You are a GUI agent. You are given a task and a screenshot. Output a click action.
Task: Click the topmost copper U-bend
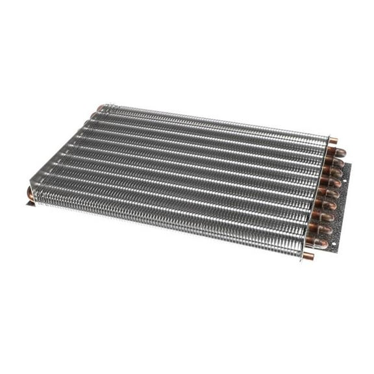pyautogui.click(x=339, y=153)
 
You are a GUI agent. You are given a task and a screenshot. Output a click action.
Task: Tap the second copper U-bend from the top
pyautogui.click(x=337, y=162)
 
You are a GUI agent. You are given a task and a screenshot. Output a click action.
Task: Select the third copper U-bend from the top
pyautogui.click(x=335, y=172)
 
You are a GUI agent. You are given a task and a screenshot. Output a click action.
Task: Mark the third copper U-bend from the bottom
pyautogui.click(x=326, y=217)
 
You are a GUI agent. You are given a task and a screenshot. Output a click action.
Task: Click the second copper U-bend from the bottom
pyautogui.click(x=324, y=229)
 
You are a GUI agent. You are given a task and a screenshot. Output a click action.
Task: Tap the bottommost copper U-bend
pyautogui.click(x=321, y=243)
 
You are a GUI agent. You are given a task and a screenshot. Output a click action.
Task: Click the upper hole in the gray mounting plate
pyautogui.click(x=345, y=181)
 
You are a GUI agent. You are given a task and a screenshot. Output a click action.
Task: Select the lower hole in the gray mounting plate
pyautogui.click(x=334, y=243)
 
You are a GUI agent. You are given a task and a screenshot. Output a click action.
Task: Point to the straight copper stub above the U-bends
pyautogui.click(x=333, y=140)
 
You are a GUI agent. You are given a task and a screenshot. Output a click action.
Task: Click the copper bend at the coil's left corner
pyautogui.click(x=30, y=193)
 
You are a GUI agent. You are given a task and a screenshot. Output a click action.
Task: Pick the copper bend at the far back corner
pyautogui.click(x=101, y=108)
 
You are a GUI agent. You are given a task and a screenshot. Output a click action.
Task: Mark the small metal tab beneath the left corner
pyautogui.click(x=30, y=203)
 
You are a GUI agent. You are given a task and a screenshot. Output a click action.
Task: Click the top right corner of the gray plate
pyautogui.click(x=351, y=164)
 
